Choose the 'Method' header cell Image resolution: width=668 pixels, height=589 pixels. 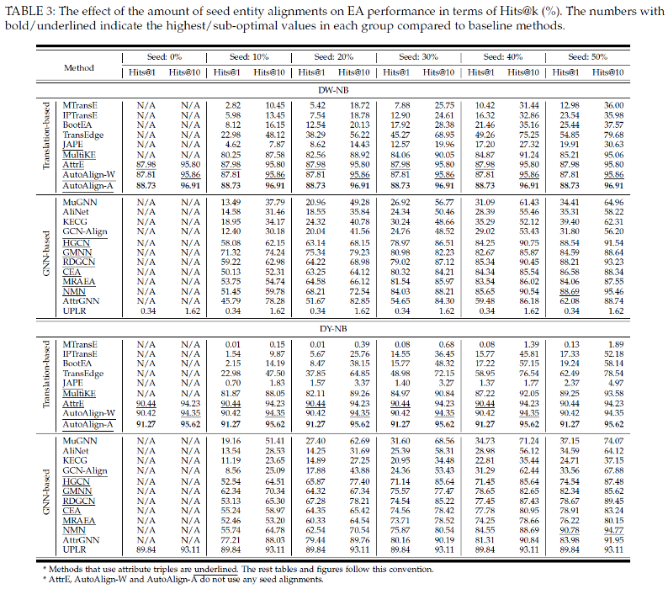79,66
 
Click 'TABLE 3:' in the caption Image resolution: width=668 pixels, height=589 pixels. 30,9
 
